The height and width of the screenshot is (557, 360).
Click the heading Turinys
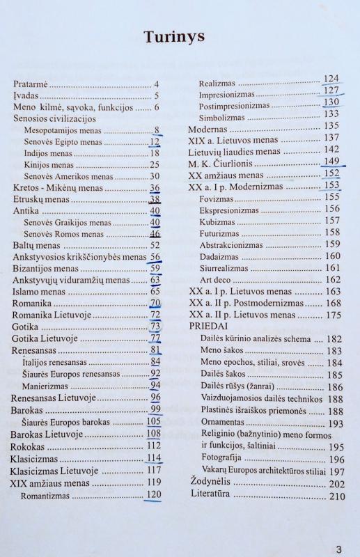pyautogui.click(x=174, y=37)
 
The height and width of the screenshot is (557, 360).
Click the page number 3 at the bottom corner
pyautogui.click(x=338, y=548)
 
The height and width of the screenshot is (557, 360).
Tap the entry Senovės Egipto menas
pyautogui.click(x=63, y=141)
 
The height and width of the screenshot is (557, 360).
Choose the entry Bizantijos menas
pyautogui.click(x=45, y=268)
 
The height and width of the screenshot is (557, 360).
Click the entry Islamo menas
pyautogui.click(x=40, y=292)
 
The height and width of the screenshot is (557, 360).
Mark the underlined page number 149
pyautogui.click(x=331, y=162)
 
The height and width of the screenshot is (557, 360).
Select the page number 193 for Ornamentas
pyautogui.click(x=335, y=423)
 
